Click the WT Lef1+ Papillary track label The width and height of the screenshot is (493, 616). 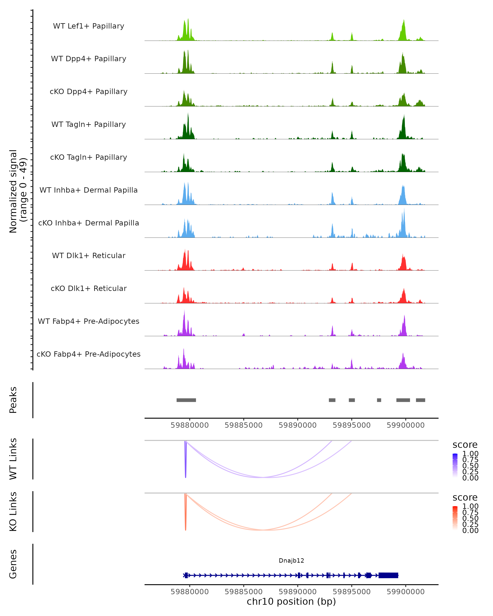[x=89, y=26]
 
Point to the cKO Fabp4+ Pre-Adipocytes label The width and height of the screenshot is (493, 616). [x=89, y=354]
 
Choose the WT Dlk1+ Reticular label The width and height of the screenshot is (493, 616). [x=89, y=256]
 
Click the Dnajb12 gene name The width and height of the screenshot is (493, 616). [x=291, y=561]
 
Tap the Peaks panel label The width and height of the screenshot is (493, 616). [x=13, y=400]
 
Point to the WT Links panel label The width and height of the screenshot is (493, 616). [x=13, y=459]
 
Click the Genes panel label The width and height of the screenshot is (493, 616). [x=13, y=564]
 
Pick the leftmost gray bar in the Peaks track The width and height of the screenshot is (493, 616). [x=186, y=400]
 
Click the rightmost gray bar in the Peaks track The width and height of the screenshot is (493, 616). [x=420, y=400]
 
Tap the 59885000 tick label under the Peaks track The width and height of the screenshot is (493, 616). [x=243, y=425]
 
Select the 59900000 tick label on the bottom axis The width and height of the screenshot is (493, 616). [x=405, y=592]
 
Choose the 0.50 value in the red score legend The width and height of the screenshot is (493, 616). [x=470, y=518]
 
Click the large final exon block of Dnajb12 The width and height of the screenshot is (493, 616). [x=388, y=575]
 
